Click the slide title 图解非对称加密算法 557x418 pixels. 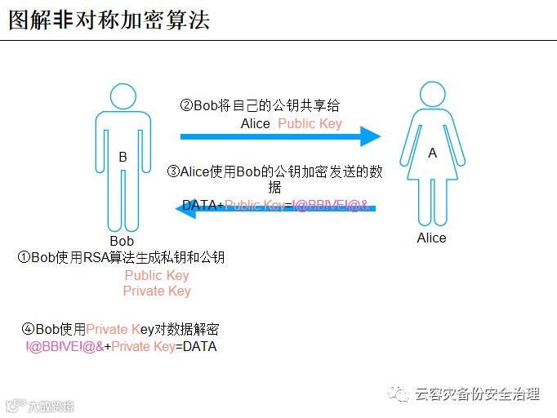coord(109,20)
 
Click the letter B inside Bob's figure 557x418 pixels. coord(123,157)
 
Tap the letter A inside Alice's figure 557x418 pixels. coord(432,153)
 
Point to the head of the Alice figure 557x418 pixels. coord(432,96)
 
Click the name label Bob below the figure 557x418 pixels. coord(122,241)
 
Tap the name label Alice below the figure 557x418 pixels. coord(431,238)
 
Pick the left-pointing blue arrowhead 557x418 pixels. coord(185,211)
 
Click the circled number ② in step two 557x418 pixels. coord(186,105)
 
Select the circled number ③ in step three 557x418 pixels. coord(173,171)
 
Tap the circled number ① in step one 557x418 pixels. coord(25,257)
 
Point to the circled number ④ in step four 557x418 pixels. coord(29,329)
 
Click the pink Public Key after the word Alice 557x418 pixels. coord(310,123)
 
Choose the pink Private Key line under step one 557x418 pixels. coord(157,291)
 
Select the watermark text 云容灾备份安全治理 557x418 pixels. coord(478,394)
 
